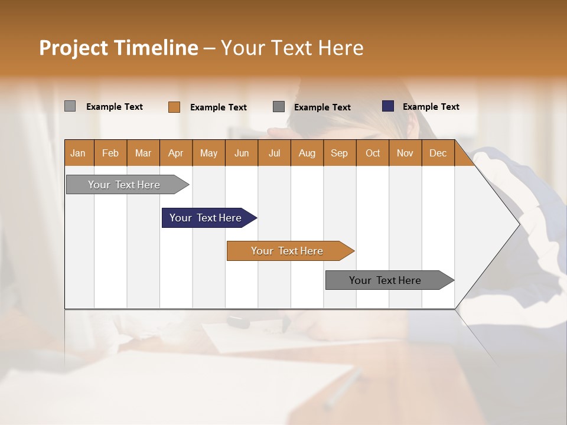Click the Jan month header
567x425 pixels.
(78, 153)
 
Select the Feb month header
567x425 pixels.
(110, 153)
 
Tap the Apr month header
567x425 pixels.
(175, 153)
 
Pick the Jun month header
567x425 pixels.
(242, 153)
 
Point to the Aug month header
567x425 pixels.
(307, 153)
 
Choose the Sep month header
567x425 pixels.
(339, 153)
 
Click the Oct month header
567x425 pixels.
(373, 153)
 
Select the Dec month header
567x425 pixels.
(438, 153)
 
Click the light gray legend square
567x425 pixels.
(70, 106)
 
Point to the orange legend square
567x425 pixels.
(174, 107)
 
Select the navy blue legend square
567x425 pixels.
(388, 106)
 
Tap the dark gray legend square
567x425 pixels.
(279, 107)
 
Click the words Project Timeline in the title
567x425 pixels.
(118, 48)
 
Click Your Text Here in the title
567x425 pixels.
(292, 48)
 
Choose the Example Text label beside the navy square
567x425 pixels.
(431, 107)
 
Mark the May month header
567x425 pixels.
(208, 153)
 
